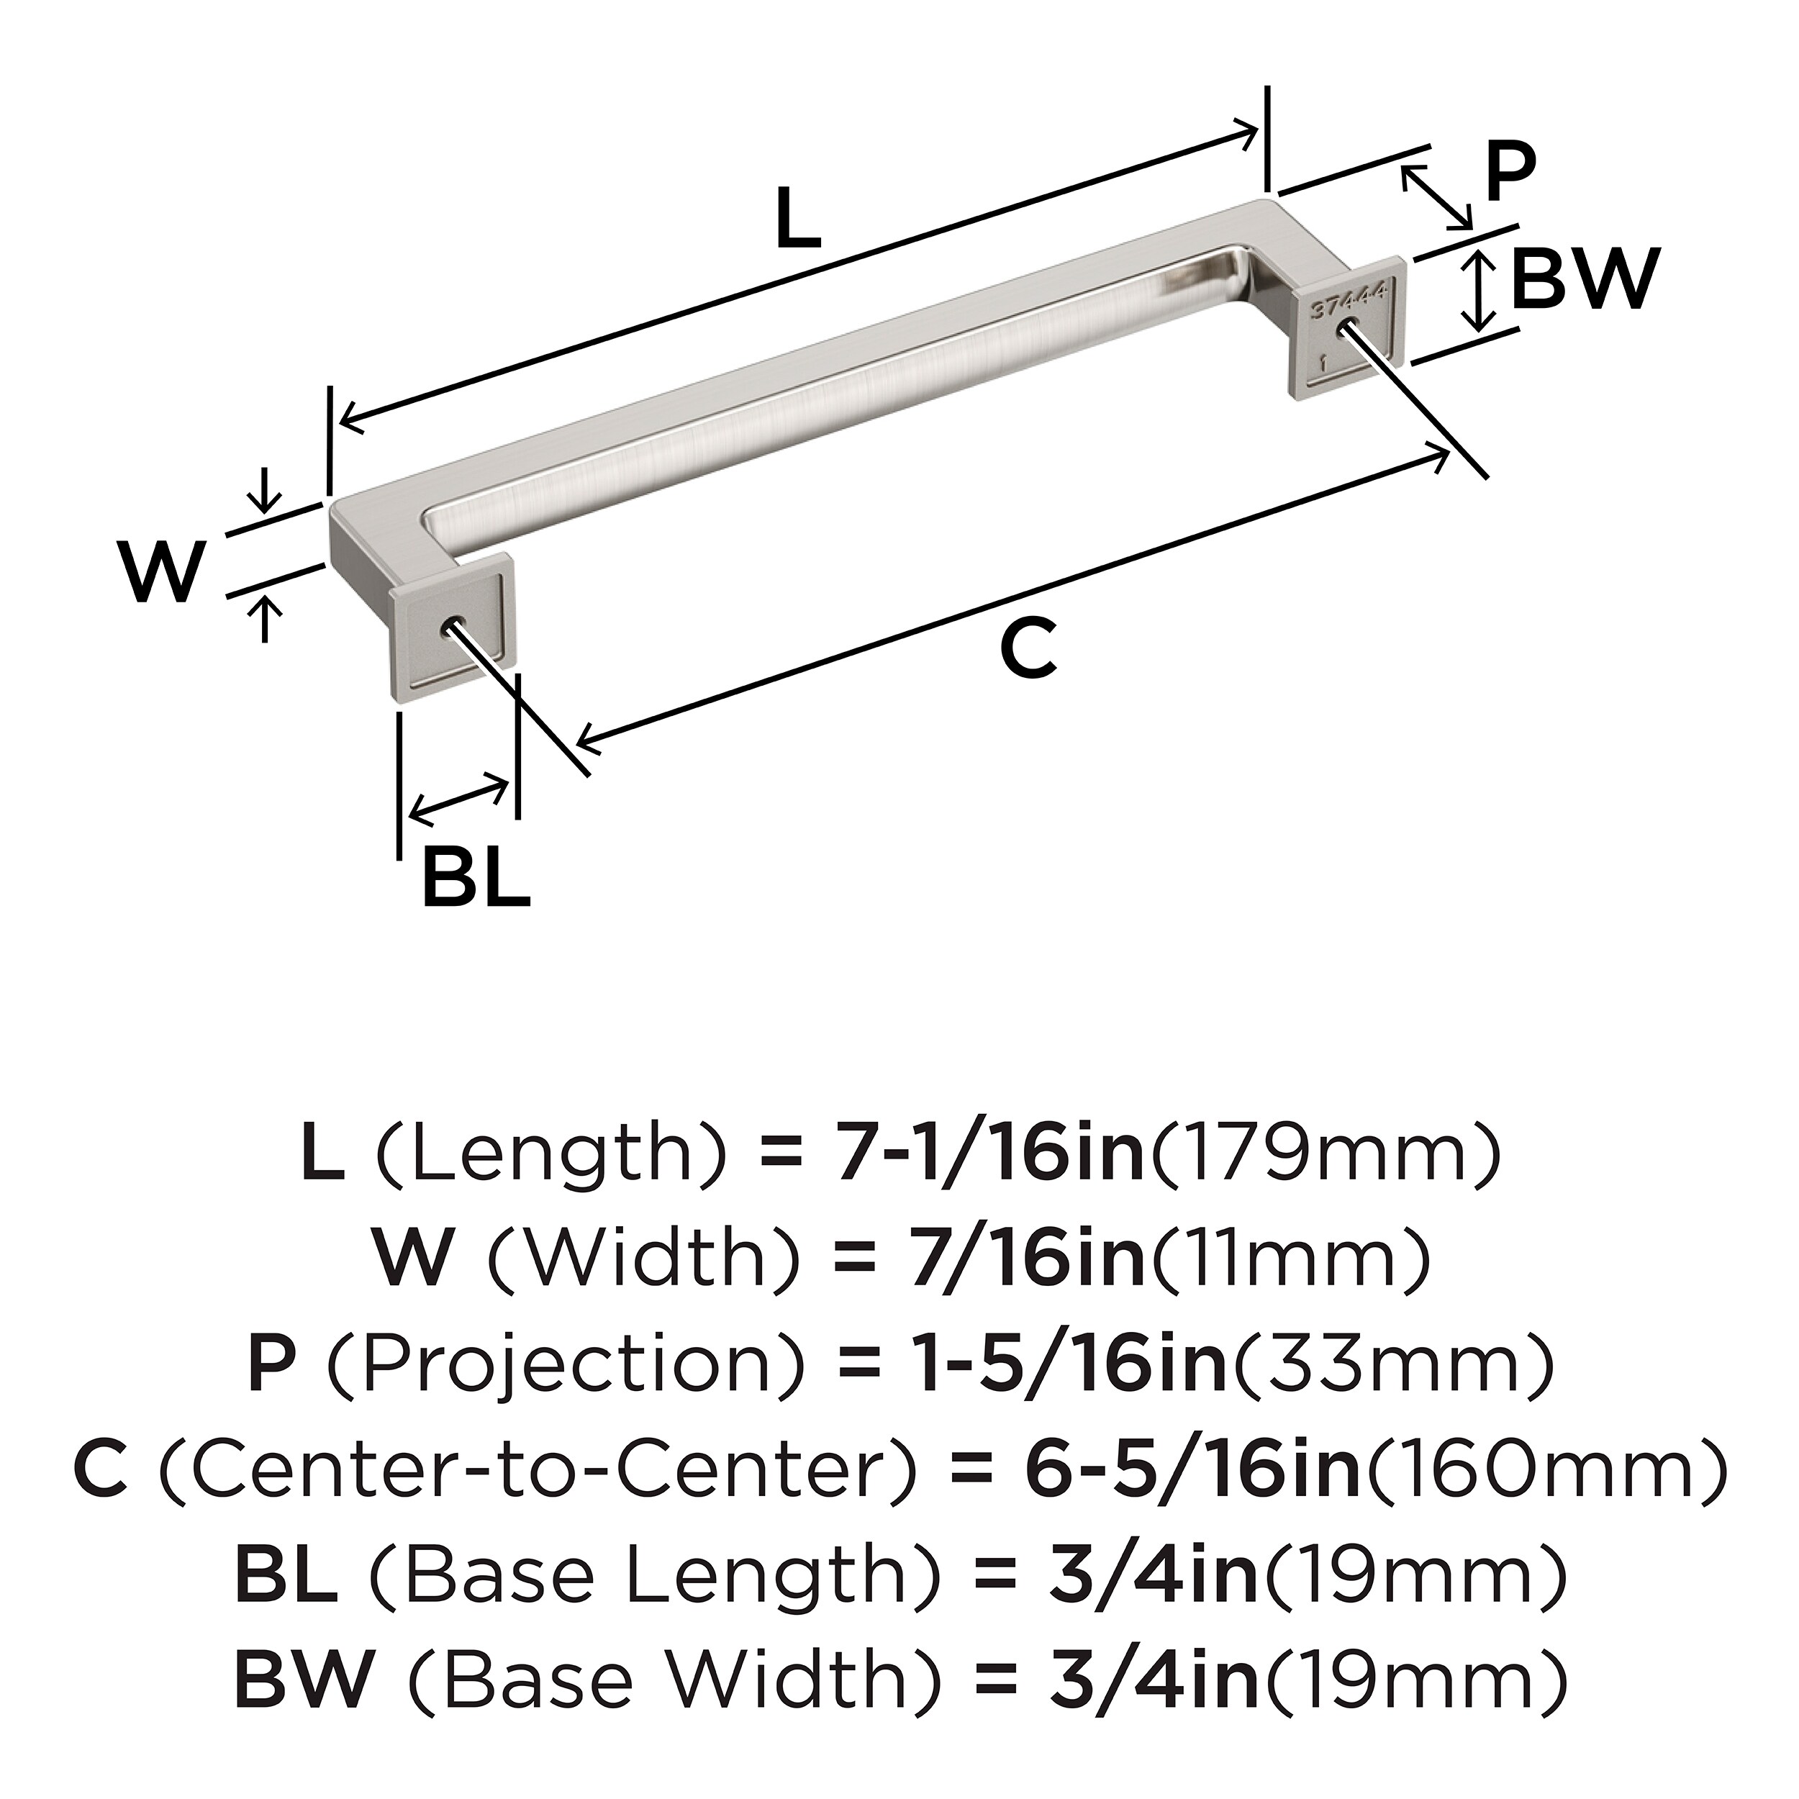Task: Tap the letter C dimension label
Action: click(x=1028, y=649)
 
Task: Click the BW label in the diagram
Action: click(x=1585, y=278)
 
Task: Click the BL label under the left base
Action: click(x=475, y=877)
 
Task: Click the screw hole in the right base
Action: click(x=1346, y=327)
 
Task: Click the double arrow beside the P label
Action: click(x=1438, y=197)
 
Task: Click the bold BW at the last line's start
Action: click(x=304, y=1678)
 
